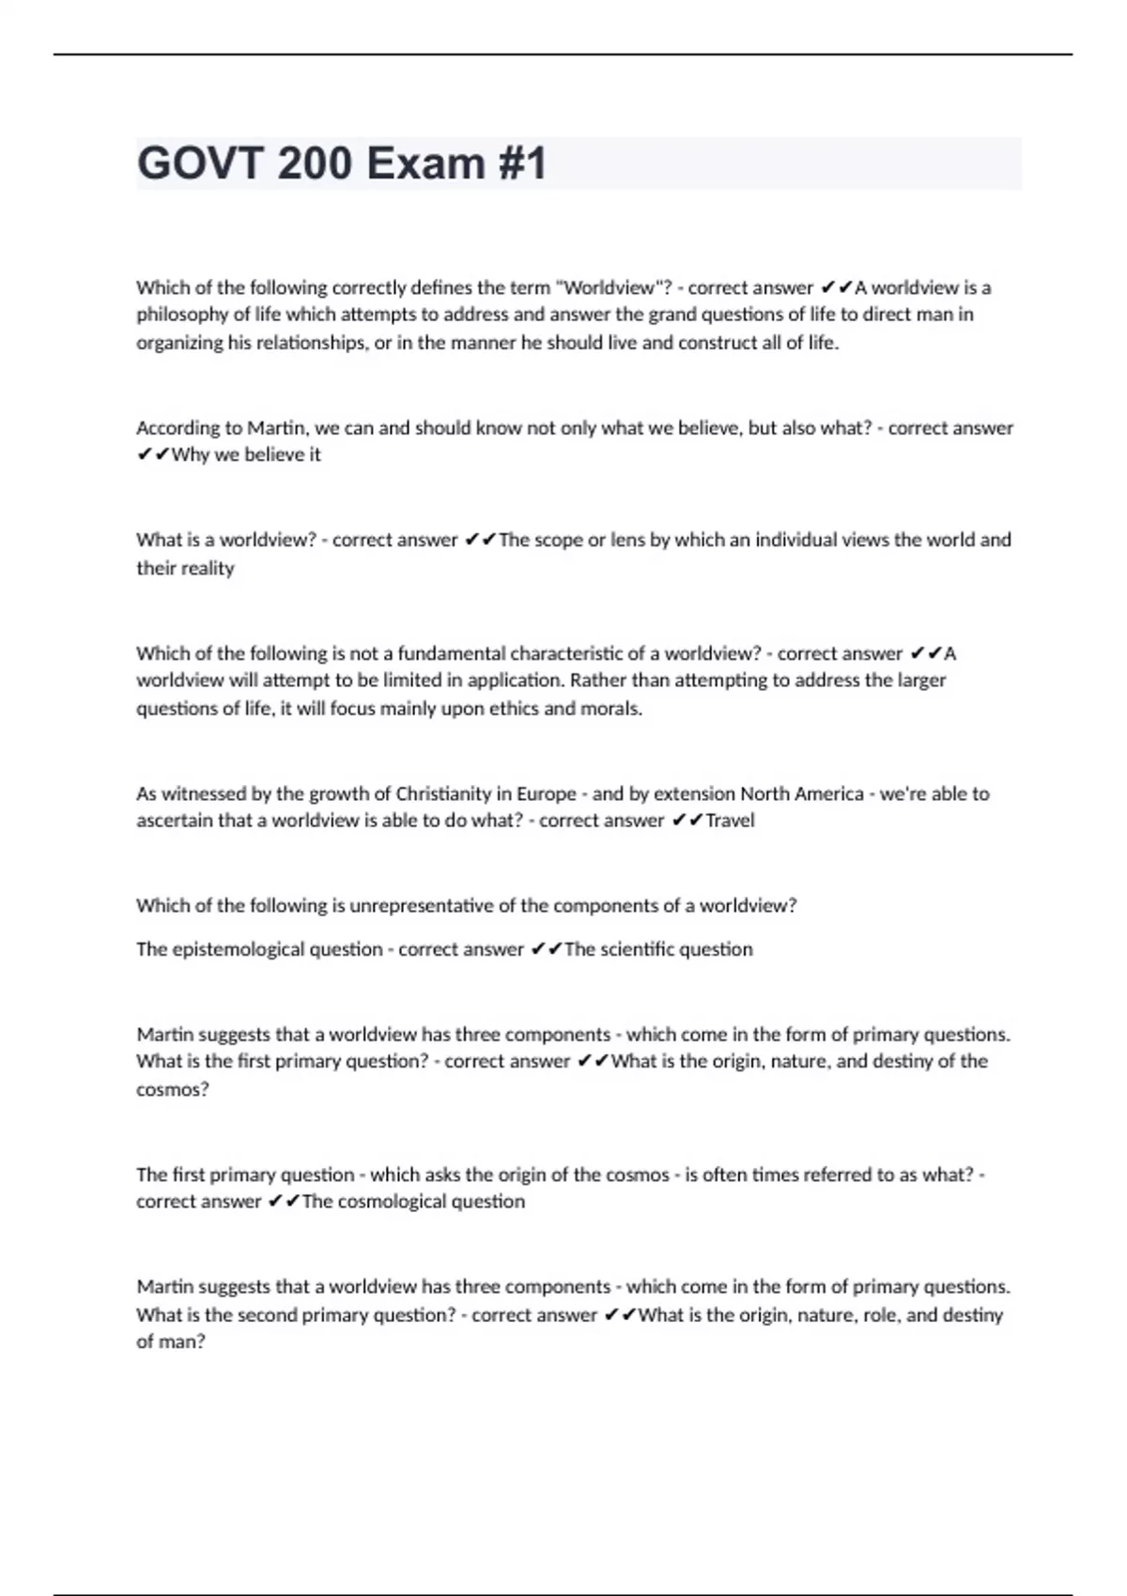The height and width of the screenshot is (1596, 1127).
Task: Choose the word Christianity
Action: pyautogui.click(x=454, y=793)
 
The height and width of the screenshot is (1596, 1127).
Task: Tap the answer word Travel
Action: pyautogui.click(x=730, y=821)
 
